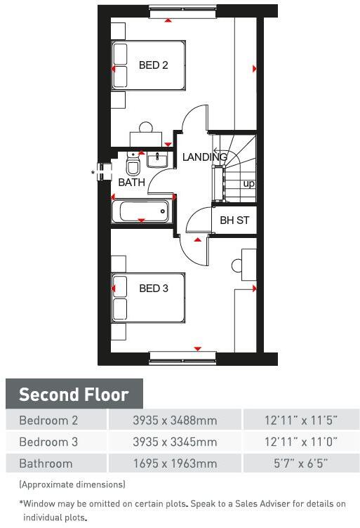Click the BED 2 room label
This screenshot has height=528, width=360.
(153, 65)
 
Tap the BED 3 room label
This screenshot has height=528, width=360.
(153, 288)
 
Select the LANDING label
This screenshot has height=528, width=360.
(204, 157)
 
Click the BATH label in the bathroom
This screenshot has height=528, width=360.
(131, 183)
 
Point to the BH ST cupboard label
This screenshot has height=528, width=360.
(234, 220)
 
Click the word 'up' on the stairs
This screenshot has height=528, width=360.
(248, 184)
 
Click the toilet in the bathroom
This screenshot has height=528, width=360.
(133, 167)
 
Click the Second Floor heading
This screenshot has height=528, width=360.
(74, 394)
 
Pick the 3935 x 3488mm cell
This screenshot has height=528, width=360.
(175, 421)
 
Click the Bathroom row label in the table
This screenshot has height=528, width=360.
(46, 463)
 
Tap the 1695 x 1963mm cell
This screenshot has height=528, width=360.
(175, 463)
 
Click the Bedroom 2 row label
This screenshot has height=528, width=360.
(48, 421)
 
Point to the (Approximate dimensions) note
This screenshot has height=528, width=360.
(72, 484)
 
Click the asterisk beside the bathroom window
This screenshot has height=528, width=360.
(93, 171)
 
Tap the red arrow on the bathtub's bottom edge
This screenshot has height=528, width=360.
(141, 220)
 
